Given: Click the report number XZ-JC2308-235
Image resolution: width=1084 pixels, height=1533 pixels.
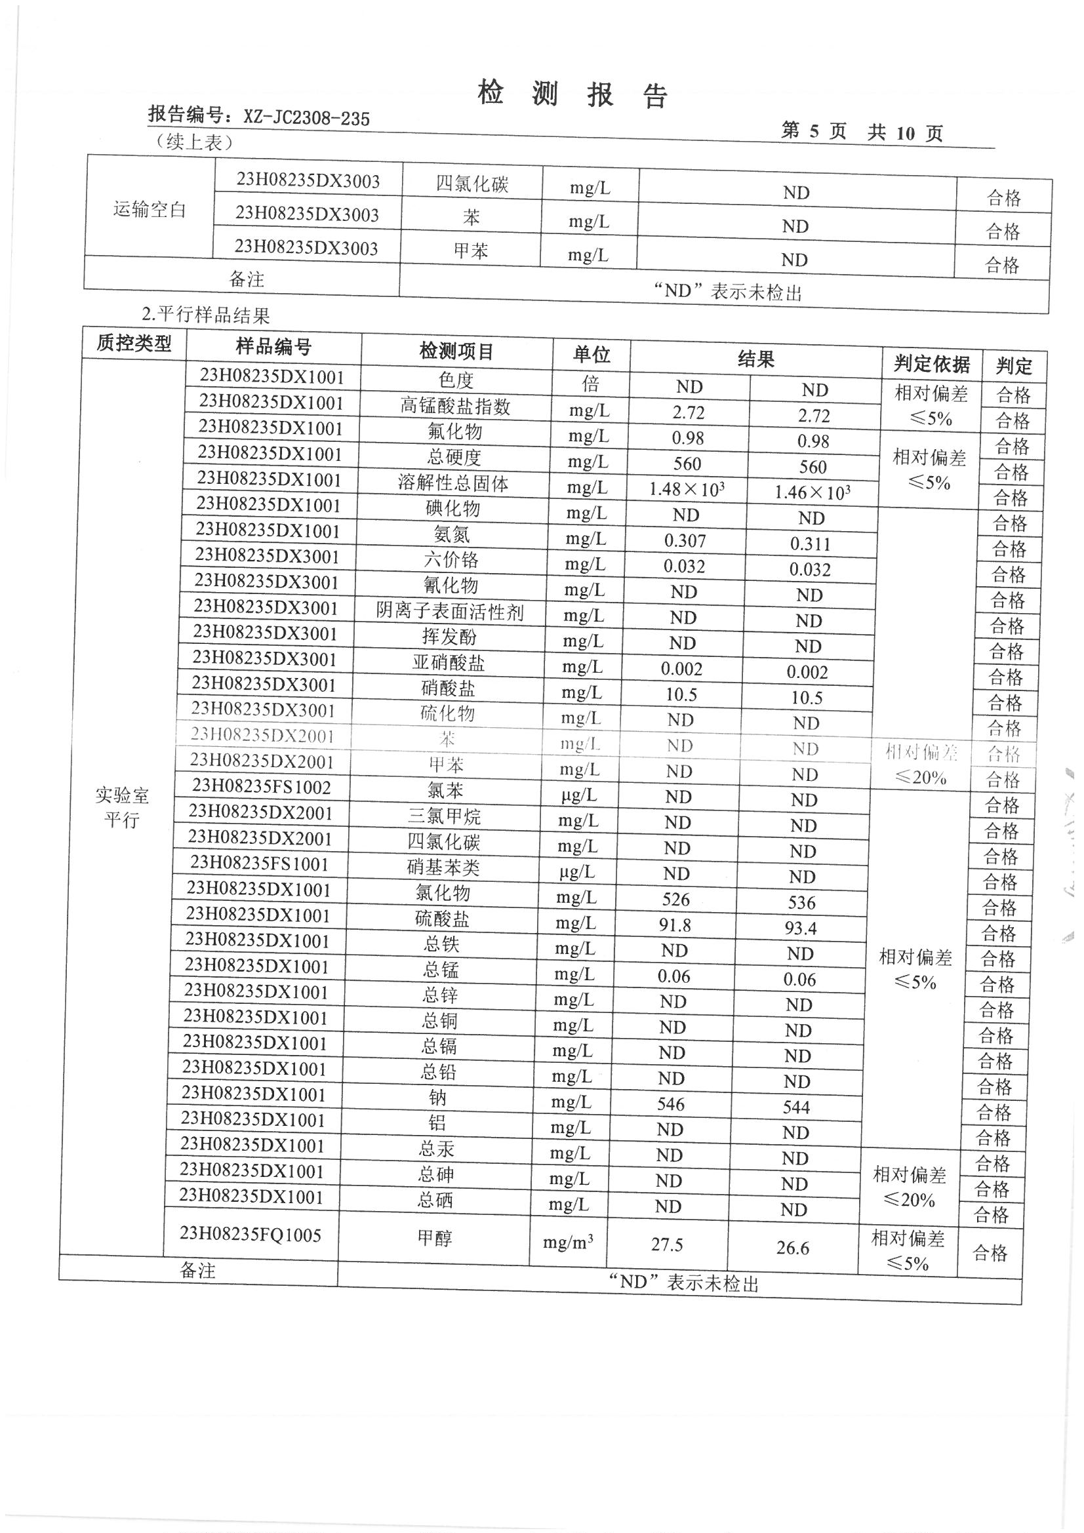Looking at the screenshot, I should pos(306,118).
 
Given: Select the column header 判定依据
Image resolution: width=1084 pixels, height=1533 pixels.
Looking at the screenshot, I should pos(931,364).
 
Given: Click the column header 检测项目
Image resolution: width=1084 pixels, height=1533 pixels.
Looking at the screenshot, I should pos(456,351).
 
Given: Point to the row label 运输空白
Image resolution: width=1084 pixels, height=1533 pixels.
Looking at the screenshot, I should pos(149,210).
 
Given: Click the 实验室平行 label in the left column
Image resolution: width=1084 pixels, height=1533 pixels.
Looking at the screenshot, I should pos(121,807).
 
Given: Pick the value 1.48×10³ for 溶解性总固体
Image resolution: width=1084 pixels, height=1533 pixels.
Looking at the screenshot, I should pos(687,489).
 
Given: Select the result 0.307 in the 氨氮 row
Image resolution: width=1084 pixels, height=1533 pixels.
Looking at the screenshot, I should pos(685,541).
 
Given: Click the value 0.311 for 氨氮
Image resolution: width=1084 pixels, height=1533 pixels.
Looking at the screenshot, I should pos(810,544).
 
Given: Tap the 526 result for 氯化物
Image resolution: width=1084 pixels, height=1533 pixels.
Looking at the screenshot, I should pos(676,900).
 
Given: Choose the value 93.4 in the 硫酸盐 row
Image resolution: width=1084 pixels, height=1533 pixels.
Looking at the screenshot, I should pos(801,928).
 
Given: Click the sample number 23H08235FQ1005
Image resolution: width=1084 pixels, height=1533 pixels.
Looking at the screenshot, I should pos(251,1234).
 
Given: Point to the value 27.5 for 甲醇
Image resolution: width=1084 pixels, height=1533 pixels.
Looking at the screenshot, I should pos(666,1244).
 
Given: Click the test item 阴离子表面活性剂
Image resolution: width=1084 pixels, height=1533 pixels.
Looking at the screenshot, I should pos(449,612).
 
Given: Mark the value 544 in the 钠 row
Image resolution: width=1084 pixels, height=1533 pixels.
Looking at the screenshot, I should pos(796,1107).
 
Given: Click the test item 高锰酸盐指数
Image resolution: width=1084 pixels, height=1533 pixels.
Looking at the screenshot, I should pos(456,406).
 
